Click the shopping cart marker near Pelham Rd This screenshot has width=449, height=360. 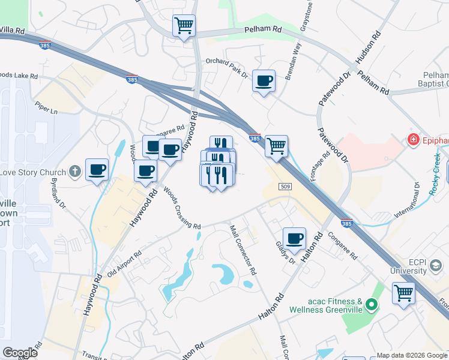point(184,26)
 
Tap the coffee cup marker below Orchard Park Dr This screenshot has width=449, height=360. point(264,81)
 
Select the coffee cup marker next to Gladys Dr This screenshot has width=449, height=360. point(294,239)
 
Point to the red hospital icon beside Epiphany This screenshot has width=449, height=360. point(412,140)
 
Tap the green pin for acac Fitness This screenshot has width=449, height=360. point(372,305)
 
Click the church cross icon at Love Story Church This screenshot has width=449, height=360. point(74,172)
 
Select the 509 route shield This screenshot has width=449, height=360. point(285,188)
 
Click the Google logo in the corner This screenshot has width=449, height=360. point(20,353)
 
